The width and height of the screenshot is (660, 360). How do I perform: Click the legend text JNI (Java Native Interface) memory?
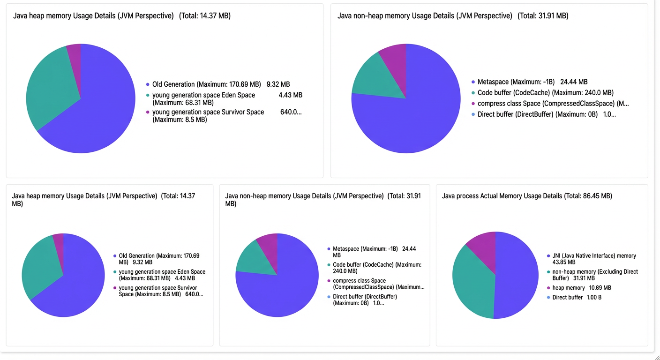coord(594,256)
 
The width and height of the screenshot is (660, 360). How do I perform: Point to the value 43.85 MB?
coord(563,262)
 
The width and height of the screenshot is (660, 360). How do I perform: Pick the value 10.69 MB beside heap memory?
coord(600,288)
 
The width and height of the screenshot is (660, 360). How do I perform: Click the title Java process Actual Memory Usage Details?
coord(502,196)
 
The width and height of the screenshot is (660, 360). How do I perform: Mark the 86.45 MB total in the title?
coord(597,196)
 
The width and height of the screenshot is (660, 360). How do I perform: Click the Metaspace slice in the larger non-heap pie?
coord(412,118)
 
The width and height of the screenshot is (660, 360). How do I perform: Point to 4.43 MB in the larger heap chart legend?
coord(291,95)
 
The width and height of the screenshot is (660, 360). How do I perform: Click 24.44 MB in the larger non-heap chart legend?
coord(574,82)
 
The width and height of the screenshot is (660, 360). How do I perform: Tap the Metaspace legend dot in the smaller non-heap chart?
coord(329,249)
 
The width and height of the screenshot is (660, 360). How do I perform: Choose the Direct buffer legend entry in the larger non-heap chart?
coord(544,114)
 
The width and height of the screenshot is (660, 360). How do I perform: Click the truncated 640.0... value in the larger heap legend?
coord(291,112)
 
